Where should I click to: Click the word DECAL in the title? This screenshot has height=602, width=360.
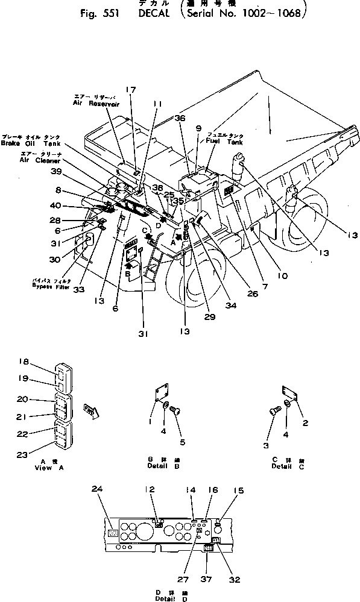pos(143,14)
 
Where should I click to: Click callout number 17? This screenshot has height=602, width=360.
pos(131,90)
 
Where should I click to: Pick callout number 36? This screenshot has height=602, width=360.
pos(180,119)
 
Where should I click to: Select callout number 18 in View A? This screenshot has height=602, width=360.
pos(24,362)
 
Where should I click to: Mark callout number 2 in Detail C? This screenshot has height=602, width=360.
pos(305,422)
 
